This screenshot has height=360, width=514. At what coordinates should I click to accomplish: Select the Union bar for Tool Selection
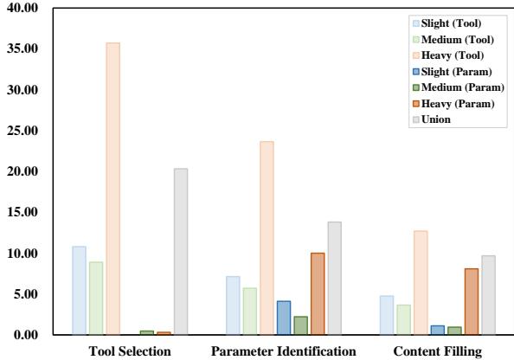180,251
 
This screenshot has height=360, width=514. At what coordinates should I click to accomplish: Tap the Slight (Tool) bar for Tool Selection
79,290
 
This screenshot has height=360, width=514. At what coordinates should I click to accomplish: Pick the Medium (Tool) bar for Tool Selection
95,298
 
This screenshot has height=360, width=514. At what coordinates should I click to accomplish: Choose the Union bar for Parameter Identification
334,278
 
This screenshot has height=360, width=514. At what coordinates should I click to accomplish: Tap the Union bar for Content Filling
488,295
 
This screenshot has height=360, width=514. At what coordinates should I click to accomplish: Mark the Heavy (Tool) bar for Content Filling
421,282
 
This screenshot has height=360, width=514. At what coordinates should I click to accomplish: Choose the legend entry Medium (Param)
462,87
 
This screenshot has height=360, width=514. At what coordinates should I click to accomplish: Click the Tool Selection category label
130,350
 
